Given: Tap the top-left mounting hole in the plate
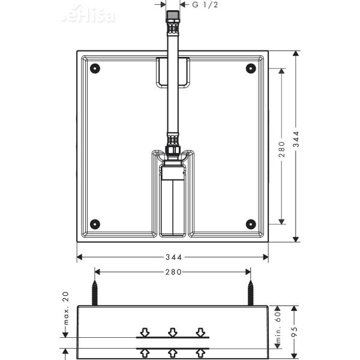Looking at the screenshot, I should coord(95,68).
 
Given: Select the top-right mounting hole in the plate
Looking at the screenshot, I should coord(250,68).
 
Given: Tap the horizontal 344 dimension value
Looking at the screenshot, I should coord(173,257).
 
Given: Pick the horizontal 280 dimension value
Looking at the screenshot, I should coord(173,272).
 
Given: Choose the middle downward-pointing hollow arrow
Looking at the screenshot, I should coord(173,332).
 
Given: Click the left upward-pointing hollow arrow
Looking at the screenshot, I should coord(145,353).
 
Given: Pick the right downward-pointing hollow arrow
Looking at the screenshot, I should coord(201,332).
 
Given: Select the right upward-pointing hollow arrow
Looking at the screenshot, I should coord(201,353).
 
